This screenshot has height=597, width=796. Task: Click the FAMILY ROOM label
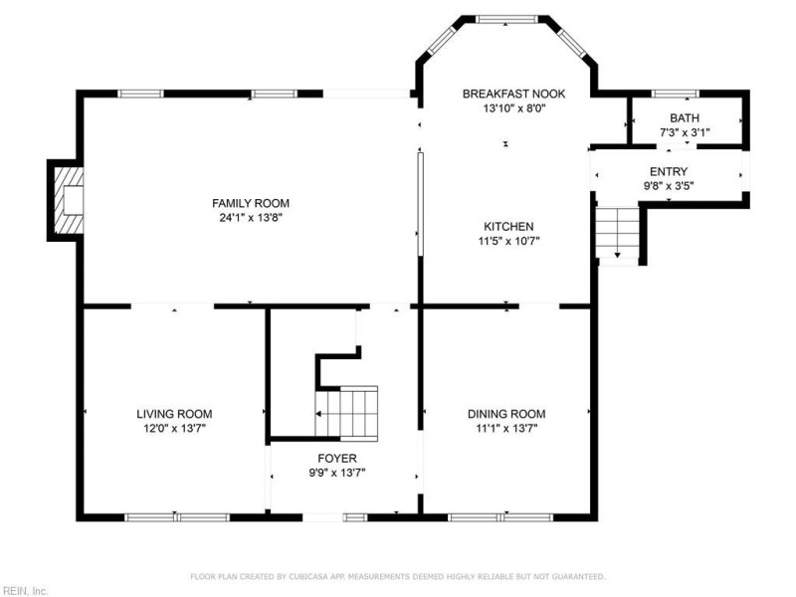[x=251, y=204]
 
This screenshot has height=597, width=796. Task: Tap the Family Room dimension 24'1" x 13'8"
[x=251, y=218]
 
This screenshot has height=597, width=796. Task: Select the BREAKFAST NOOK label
[x=513, y=94]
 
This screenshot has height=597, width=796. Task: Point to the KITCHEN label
[x=508, y=227]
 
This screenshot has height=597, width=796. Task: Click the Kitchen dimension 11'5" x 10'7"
[x=508, y=241]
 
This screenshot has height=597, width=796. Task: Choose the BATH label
[x=685, y=118]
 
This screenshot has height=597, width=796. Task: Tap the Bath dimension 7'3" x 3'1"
[x=685, y=132]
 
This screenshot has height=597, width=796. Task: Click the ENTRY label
[x=669, y=171]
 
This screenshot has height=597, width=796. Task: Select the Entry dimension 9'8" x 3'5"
[x=669, y=186]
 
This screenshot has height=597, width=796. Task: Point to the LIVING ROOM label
[x=174, y=414]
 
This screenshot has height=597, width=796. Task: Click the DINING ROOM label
[x=506, y=414]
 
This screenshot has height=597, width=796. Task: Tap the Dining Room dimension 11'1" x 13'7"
[x=506, y=429]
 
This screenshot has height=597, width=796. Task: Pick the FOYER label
[x=337, y=459]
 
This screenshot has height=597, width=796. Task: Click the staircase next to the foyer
[x=346, y=413]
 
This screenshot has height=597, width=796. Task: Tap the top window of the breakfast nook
[x=506, y=19]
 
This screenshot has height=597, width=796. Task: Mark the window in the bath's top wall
[x=676, y=94]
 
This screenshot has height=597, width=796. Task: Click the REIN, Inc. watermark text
[x=24, y=591]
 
